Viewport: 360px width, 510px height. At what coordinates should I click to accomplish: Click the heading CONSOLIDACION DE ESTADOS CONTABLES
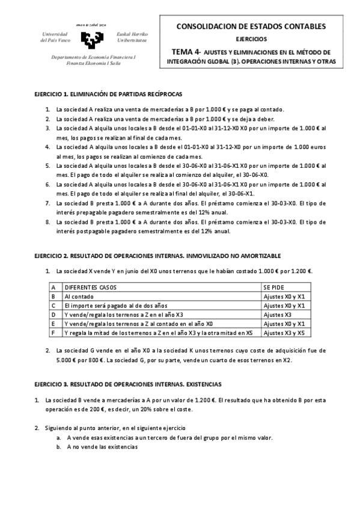coord(251,26)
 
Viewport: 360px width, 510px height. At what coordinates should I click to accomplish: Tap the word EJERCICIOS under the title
coord(251,39)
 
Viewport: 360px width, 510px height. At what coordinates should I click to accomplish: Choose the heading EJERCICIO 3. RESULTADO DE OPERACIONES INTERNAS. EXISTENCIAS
coord(128,383)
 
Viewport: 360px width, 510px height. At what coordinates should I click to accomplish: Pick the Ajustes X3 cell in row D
coord(277,314)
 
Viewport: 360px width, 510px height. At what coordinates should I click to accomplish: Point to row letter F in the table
coord(53,332)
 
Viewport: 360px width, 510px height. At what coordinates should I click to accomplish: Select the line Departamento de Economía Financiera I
coord(94,57)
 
